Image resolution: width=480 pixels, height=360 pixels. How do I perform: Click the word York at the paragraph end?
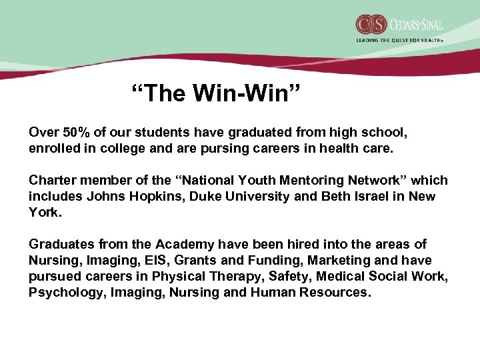coord(44,213)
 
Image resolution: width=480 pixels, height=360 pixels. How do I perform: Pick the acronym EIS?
coord(158,261)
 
